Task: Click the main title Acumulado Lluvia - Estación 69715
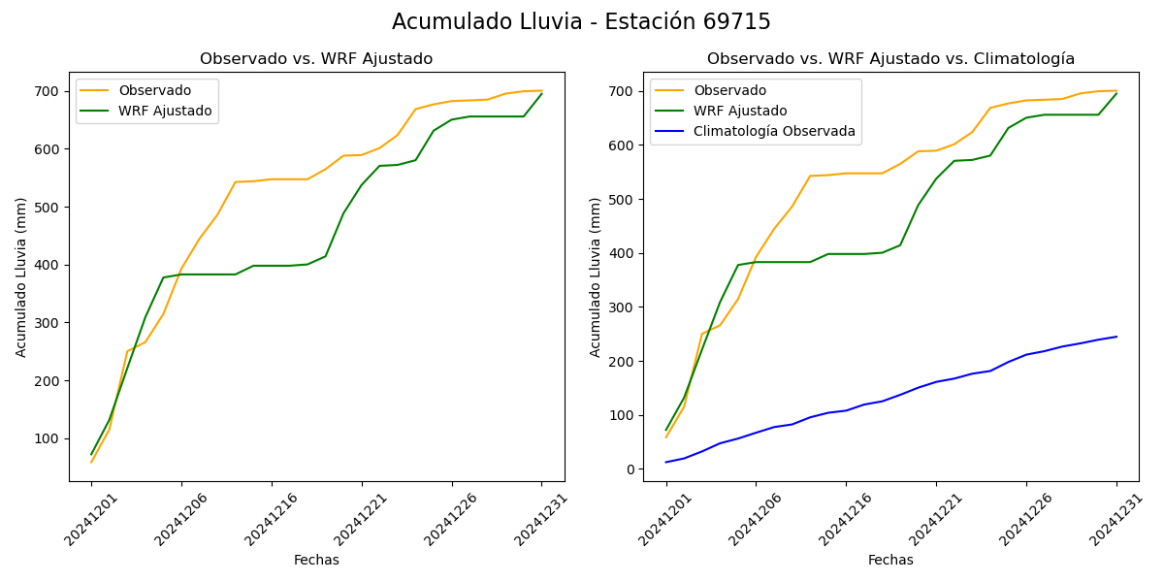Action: (581, 21)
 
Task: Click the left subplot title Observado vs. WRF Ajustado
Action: (316, 59)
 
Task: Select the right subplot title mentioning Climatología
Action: (890, 59)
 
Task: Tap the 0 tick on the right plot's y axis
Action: (630, 469)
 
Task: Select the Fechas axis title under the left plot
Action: (316, 560)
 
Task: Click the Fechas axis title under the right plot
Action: (890, 560)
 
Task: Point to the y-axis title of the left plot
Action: (21, 276)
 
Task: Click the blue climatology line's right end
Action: (1116, 337)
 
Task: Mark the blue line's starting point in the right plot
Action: (665, 462)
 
